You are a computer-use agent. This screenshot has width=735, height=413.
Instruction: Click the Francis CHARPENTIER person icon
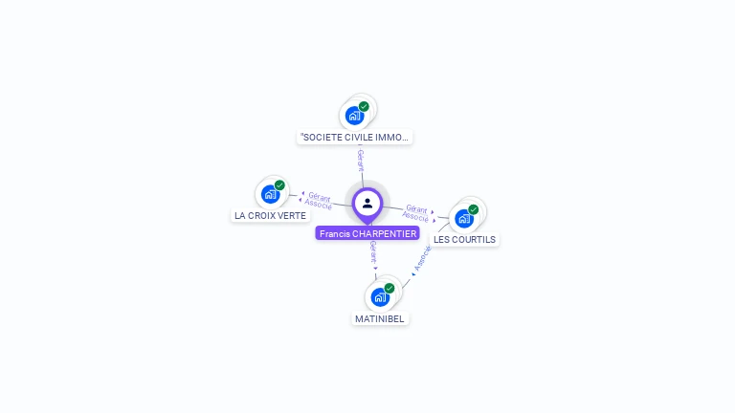[367, 203]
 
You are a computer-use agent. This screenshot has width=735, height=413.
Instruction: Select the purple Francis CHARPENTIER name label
[367, 233]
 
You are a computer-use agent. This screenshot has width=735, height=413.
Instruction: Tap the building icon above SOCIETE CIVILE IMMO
[354, 116]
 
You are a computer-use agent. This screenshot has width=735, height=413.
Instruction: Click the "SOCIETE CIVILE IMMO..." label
[355, 137]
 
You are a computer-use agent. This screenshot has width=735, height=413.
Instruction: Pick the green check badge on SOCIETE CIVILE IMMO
[364, 106]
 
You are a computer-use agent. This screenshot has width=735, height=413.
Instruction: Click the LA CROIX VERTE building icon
[270, 194]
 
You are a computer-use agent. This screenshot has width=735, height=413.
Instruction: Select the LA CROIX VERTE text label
[271, 216]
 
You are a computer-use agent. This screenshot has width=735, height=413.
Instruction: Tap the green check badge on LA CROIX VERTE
[279, 185]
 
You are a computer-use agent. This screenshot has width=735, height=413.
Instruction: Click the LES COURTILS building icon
[464, 218]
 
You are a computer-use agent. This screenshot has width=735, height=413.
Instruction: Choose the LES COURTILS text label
[465, 240]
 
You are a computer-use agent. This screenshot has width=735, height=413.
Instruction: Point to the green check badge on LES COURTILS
[473, 209]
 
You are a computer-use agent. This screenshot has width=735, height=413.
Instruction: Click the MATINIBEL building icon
[380, 296]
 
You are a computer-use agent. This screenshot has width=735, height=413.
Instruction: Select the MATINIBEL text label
[380, 318]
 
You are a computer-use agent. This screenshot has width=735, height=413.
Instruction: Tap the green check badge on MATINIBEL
[390, 288]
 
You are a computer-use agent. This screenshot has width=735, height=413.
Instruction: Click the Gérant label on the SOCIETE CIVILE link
[360, 160]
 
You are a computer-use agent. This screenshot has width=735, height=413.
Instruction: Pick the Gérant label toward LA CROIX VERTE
[320, 196]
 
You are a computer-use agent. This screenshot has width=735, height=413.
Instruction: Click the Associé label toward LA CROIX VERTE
[318, 205]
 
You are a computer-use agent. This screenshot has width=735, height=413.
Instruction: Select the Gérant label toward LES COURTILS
[416, 208]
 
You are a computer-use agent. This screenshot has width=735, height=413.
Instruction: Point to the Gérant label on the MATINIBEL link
[373, 253]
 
